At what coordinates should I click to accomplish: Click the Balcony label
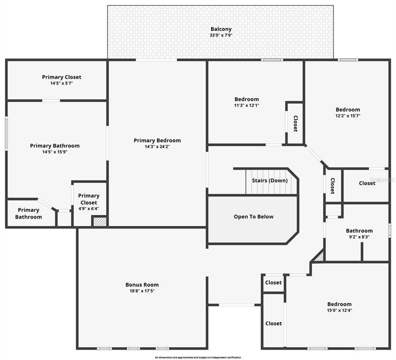click(x=221, y=29)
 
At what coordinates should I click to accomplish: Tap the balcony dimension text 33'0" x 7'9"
click(x=221, y=35)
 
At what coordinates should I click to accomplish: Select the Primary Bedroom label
click(x=157, y=140)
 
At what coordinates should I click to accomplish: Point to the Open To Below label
click(x=253, y=216)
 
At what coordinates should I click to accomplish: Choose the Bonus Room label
click(x=142, y=284)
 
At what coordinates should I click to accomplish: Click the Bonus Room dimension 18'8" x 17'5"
click(x=142, y=290)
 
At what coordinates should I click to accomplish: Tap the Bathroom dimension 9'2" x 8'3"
click(x=359, y=237)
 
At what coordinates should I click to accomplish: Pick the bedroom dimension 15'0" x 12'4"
click(x=339, y=310)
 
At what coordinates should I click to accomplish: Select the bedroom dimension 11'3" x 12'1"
click(x=247, y=105)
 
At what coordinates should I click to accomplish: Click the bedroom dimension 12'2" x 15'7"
click(x=348, y=115)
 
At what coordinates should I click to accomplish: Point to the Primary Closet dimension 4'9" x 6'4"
click(x=89, y=208)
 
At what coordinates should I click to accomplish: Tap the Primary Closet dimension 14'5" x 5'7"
click(x=62, y=83)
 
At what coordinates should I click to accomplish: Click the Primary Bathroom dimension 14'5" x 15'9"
click(x=55, y=152)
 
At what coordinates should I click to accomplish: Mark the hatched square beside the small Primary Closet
click(x=100, y=221)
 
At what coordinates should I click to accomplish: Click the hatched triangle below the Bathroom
click(x=318, y=256)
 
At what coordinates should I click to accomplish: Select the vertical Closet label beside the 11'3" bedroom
click(x=295, y=123)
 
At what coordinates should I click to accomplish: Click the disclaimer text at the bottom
click(x=198, y=357)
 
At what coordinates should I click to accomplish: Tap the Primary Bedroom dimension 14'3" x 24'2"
click(x=157, y=146)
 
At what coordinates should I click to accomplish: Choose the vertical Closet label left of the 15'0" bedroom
click(x=273, y=323)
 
